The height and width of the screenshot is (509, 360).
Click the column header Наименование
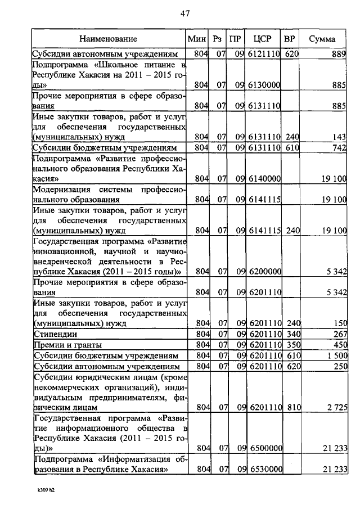point(108,39)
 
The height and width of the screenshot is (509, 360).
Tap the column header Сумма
point(322,39)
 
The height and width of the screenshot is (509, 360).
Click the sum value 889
point(338,54)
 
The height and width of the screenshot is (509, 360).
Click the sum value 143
point(339,137)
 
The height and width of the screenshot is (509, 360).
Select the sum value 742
point(338,147)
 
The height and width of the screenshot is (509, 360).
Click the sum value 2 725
point(335,406)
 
